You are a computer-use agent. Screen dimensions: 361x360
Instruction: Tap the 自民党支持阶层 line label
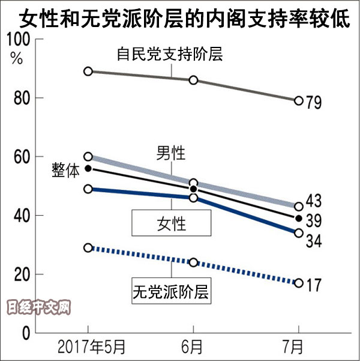point(169,55)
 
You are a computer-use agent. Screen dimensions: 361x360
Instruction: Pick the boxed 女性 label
point(172,225)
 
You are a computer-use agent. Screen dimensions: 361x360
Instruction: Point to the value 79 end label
point(313,103)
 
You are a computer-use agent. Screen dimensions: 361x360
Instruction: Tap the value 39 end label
point(313,221)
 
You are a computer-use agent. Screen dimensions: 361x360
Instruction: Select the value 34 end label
point(313,241)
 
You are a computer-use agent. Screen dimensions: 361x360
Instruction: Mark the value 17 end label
point(313,284)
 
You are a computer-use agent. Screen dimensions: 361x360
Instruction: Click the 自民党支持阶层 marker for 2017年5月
point(88,71)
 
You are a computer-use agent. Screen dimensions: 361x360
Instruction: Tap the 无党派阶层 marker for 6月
point(193,262)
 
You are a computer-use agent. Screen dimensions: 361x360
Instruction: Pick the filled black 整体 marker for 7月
point(298,218)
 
